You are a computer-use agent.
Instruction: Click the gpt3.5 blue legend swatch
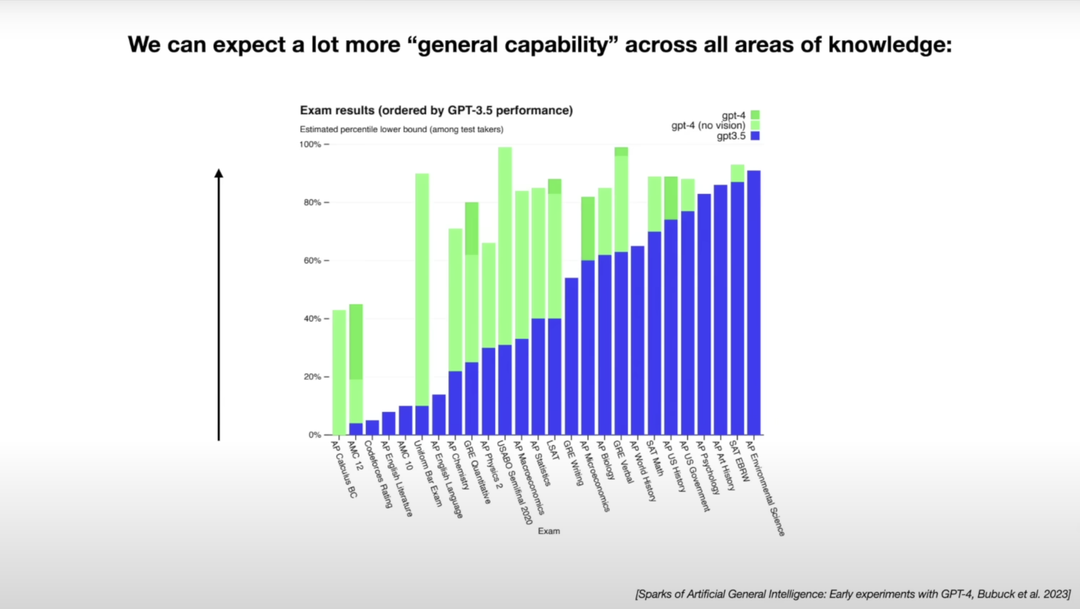755,136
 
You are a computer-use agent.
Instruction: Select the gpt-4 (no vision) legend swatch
755,125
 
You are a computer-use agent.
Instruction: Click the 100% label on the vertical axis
310,145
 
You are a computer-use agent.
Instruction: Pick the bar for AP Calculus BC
339,373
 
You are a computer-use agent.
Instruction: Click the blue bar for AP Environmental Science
753,302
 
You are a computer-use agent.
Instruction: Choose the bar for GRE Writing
572,356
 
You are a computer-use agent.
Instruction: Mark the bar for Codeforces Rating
372,428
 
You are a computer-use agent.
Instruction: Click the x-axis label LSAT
553,451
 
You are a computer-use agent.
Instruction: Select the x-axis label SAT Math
655,458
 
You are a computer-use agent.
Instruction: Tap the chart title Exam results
436,110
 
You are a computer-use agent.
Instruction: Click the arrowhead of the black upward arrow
219,173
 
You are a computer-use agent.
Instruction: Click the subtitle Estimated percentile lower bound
401,130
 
